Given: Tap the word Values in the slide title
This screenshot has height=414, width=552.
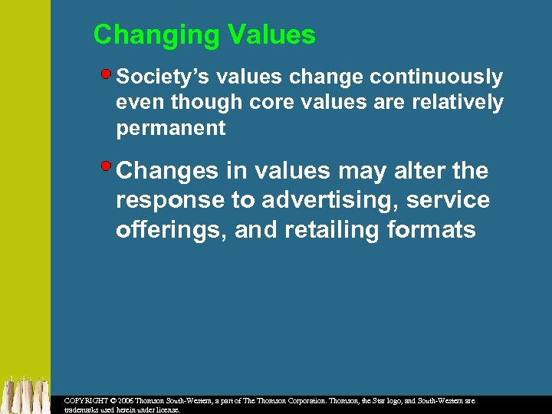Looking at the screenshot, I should [271, 34].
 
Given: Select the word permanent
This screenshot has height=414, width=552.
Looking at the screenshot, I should [171, 128].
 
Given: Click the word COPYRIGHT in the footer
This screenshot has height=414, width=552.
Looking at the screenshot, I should [87, 401].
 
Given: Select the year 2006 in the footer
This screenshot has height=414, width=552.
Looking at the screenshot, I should [126, 401].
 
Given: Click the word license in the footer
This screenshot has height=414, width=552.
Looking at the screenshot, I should [165, 409].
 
